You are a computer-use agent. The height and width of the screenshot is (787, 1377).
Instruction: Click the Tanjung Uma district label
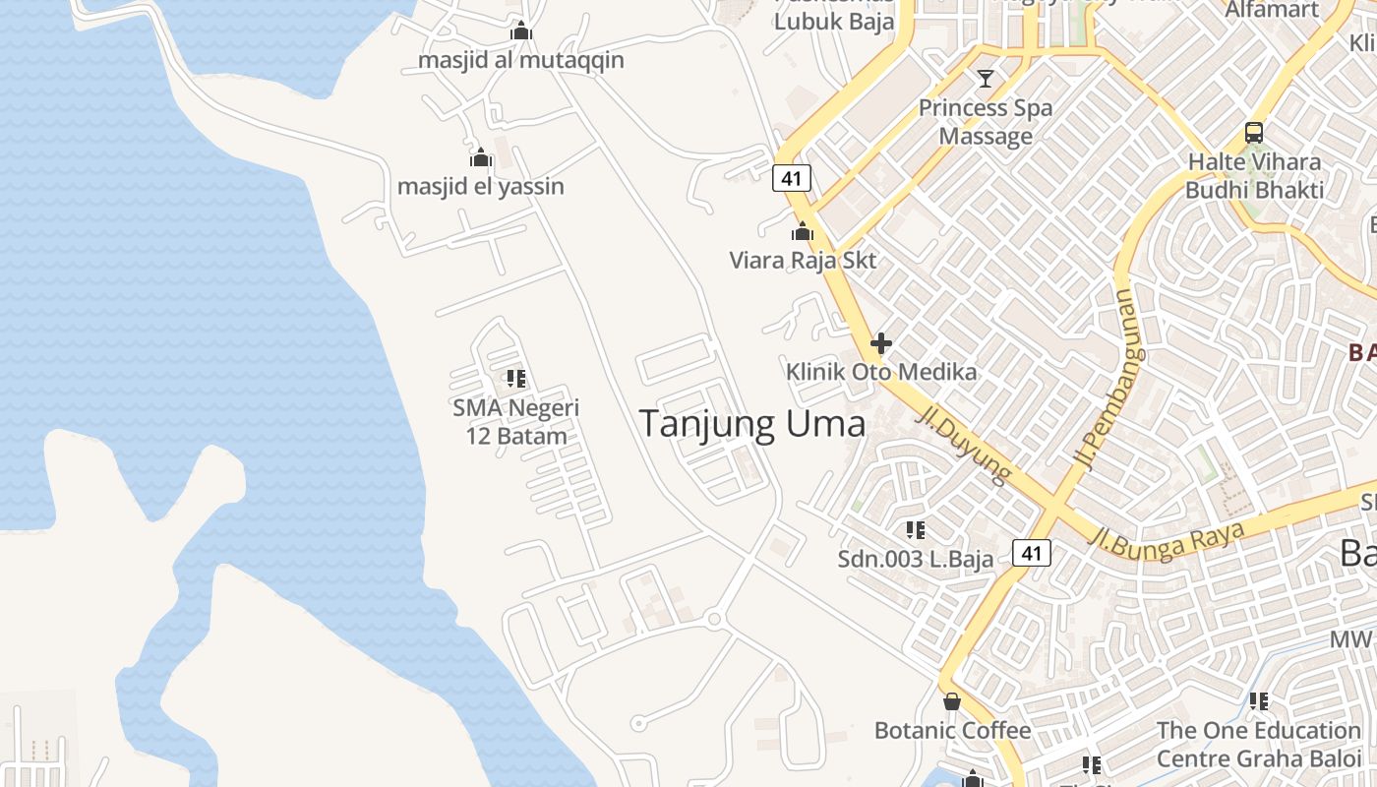point(752,424)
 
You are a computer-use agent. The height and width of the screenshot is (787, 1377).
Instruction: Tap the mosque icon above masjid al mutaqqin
point(521,31)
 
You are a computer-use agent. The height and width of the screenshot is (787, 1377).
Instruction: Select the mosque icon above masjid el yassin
point(481,157)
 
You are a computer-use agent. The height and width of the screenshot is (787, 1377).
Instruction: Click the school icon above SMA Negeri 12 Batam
point(516,379)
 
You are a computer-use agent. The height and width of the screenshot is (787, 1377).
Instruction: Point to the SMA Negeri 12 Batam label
point(516,422)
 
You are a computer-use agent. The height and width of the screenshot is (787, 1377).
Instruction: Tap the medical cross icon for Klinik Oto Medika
point(881,343)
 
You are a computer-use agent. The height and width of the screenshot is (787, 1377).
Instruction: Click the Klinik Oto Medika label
point(881,372)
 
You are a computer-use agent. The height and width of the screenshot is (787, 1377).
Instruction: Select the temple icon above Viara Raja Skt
point(803,232)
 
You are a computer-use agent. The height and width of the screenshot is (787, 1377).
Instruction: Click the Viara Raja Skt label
point(803,261)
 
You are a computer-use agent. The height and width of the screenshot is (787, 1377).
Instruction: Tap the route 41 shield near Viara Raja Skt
point(791,178)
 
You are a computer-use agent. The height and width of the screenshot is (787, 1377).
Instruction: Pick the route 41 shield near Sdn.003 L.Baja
point(1031,553)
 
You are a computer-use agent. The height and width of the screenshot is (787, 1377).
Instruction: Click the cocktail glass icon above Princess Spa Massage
point(986,79)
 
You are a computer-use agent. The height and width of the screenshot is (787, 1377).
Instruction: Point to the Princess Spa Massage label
point(986,122)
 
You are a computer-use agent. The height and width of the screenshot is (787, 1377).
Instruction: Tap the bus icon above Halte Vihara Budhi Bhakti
point(1254,133)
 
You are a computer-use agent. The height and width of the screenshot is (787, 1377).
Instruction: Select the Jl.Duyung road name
point(963,446)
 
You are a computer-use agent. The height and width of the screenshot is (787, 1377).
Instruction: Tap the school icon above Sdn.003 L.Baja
point(916,531)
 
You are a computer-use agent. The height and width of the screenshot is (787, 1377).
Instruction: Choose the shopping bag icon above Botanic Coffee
point(952,701)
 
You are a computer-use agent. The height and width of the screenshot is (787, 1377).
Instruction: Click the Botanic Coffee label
point(952,731)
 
